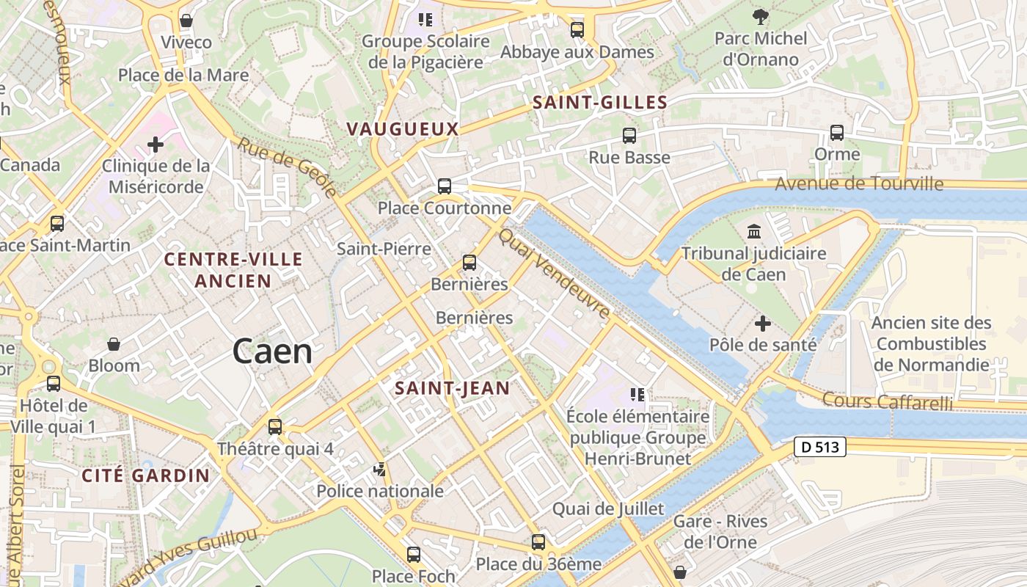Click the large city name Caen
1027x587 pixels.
(x=272, y=352)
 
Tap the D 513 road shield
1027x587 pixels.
(x=820, y=446)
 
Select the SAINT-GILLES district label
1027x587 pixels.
(x=600, y=103)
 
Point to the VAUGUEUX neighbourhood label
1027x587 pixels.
(x=402, y=129)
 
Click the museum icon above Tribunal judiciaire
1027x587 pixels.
(x=753, y=233)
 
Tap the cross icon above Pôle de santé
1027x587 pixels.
(x=763, y=323)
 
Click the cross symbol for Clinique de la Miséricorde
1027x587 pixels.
(x=156, y=145)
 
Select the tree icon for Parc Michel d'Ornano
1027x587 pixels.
(x=761, y=15)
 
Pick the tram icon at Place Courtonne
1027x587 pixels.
(x=445, y=186)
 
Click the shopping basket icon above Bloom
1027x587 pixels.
(x=114, y=343)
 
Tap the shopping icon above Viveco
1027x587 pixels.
(x=186, y=21)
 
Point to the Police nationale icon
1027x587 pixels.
(x=380, y=469)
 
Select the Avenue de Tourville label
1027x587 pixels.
(x=859, y=183)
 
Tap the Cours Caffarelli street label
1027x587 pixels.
(x=888, y=401)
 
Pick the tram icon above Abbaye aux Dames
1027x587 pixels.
(x=577, y=30)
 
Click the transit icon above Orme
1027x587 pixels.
(x=837, y=133)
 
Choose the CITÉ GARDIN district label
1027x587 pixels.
(x=145, y=475)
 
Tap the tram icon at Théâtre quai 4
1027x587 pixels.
(x=275, y=426)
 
